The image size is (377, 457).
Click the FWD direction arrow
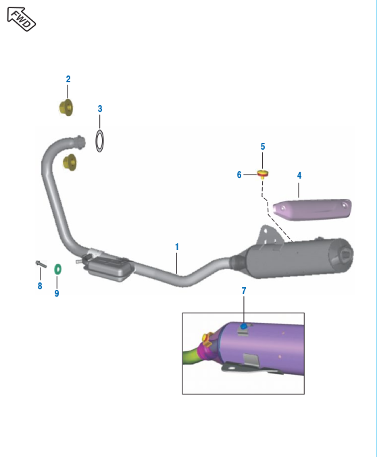(22, 20)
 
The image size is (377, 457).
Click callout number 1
(177, 247)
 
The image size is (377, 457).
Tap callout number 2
(68, 79)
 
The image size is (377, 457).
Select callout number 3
(100, 109)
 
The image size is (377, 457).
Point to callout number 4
(299, 175)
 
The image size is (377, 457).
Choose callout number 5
(263, 146)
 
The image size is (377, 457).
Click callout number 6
(239, 175)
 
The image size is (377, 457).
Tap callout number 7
(244, 291)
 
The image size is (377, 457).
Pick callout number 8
(40, 286)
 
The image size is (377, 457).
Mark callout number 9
(57, 293)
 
